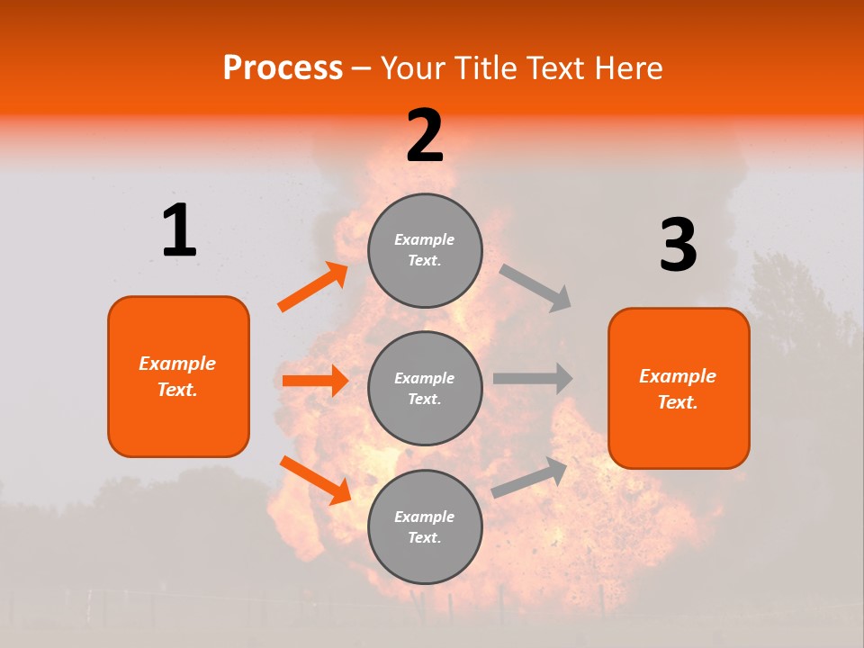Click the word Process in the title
coord(283,68)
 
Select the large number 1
coord(179,230)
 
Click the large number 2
coord(425,136)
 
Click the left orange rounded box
coord(178,376)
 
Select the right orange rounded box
coord(679,388)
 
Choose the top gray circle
coord(425,250)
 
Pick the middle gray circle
coord(425,388)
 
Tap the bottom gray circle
coord(425,526)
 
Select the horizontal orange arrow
coord(315,381)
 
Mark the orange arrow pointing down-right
coord(315,480)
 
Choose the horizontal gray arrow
coord(532,378)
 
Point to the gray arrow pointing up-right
coord(530,477)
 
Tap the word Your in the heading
coord(413,68)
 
